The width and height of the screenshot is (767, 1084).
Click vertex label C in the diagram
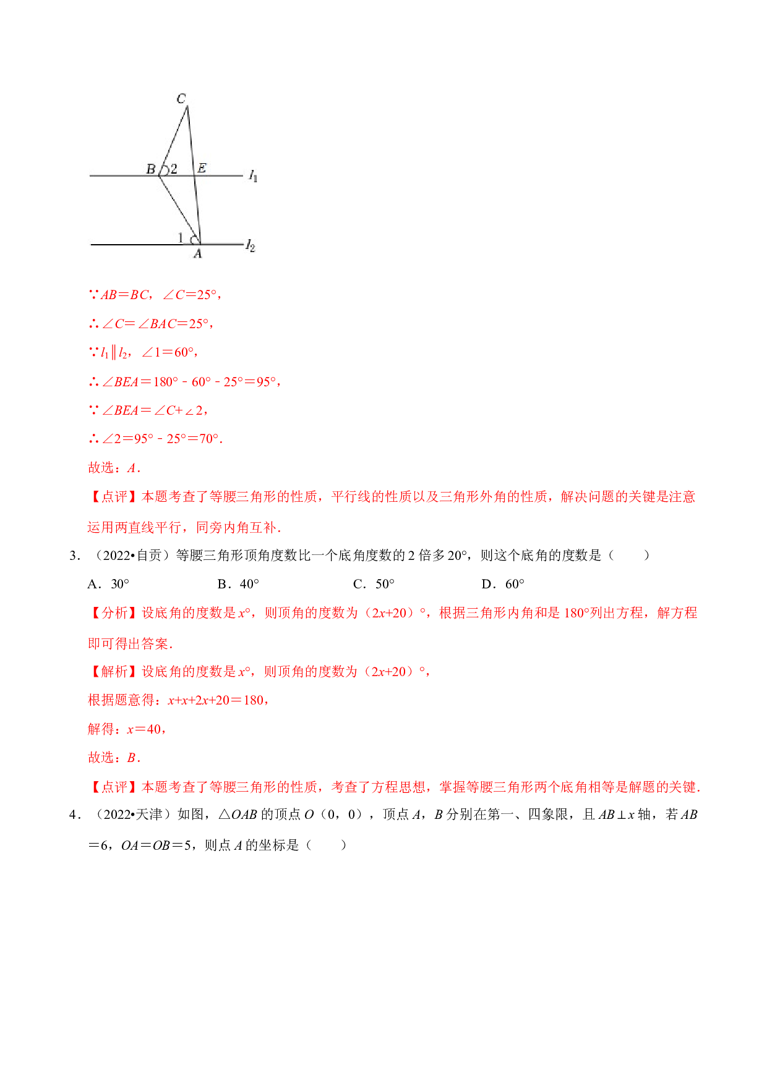pyautogui.click(x=181, y=98)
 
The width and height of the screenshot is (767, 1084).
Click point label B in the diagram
pyautogui.click(x=151, y=169)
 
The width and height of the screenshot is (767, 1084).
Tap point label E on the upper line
pyautogui.click(x=202, y=167)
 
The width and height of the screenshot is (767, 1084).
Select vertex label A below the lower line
pyautogui.click(x=197, y=253)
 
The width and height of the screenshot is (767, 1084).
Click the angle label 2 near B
pyautogui.click(x=174, y=169)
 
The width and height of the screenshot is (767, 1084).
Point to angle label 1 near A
pyautogui.click(x=181, y=237)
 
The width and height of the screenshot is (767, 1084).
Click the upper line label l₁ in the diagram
pyautogui.click(x=253, y=176)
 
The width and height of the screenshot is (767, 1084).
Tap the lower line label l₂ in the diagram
pyautogui.click(x=250, y=245)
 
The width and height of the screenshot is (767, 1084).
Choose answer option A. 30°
pyautogui.click(x=108, y=584)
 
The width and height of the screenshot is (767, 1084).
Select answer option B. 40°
pyautogui.click(x=238, y=584)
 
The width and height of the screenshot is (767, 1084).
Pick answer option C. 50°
pyautogui.click(x=374, y=584)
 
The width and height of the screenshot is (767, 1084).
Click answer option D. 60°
pyautogui.click(x=503, y=584)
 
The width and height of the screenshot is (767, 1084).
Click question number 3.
pyautogui.click(x=75, y=556)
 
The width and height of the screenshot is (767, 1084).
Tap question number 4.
pyautogui.click(x=75, y=815)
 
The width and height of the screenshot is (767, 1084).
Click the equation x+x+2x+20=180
pyautogui.click(x=216, y=700)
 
